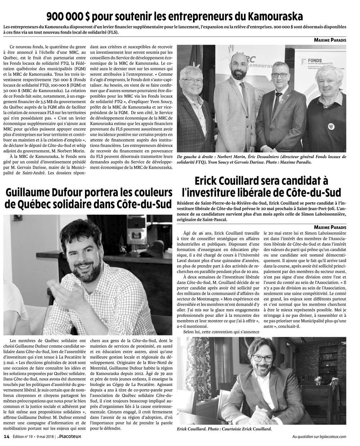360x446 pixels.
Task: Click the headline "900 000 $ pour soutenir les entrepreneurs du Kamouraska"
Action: (174, 16)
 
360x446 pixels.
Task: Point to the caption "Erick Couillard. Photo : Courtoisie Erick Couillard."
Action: (224, 429)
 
